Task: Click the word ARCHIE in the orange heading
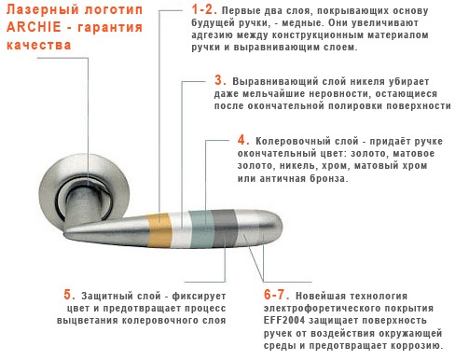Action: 34,27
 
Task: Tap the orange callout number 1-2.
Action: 204,9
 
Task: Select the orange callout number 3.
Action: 220,80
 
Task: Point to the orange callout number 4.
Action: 243,140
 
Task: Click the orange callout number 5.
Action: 70,295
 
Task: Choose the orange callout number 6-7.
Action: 276,295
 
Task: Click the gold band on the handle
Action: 159,229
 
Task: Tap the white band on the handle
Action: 182,229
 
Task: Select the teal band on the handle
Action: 202,229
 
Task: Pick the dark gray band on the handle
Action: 225,228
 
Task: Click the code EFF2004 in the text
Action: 284,320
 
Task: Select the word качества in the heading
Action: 39,45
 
